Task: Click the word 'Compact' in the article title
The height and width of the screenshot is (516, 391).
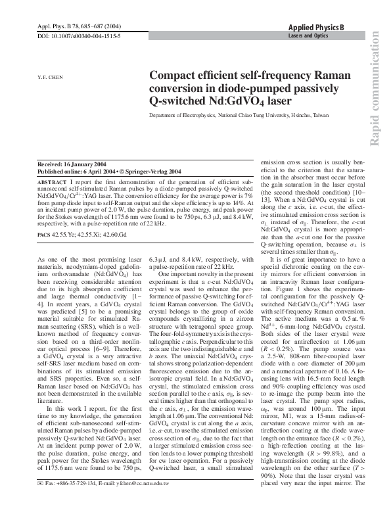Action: (172, 76)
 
